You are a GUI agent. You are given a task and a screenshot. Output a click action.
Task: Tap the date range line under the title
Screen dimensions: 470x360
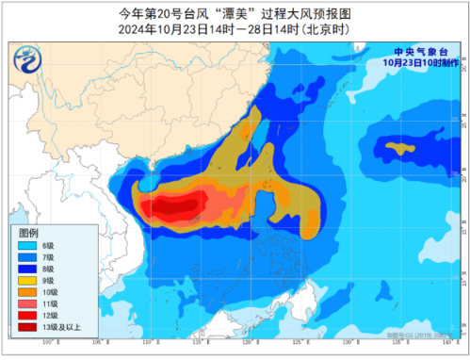click(235, 28)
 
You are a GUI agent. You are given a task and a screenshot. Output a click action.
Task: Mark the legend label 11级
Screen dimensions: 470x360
click(57, 303)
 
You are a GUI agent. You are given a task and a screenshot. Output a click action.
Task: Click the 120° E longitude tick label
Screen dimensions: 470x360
click(246, 346)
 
